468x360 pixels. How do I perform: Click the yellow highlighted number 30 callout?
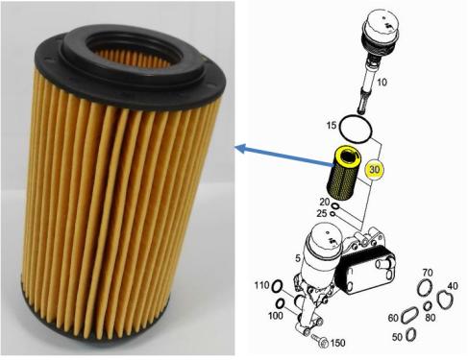pos(374,169)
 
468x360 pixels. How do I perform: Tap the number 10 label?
pos(382,83)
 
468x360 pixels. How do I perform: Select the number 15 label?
pos(332,125)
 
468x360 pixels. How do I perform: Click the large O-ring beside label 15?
pos(356,130)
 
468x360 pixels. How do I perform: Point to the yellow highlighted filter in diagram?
pos(344,172)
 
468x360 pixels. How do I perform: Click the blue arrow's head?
pos(240,148)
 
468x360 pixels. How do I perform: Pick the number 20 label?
pos(325,202)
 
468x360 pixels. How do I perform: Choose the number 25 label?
pos(322,213)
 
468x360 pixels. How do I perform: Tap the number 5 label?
pos(298,258)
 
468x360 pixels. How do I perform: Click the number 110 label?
pos(262,285)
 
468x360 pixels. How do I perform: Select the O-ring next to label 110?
pos(277,286)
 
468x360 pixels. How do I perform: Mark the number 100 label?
pos(276,316)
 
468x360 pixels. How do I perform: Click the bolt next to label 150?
pos(320,341)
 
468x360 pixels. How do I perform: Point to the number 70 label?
pos(428,273)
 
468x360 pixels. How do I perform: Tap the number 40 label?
pos(453,286)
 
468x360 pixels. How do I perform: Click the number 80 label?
pos(431,318)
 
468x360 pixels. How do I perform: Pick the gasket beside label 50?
pos(411,335)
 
